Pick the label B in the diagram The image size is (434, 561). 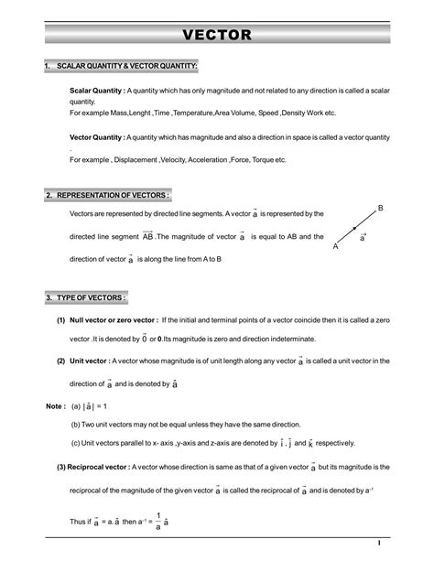coord(379,210)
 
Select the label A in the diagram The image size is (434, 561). coord(336,247)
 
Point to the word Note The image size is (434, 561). coord(30,405)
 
